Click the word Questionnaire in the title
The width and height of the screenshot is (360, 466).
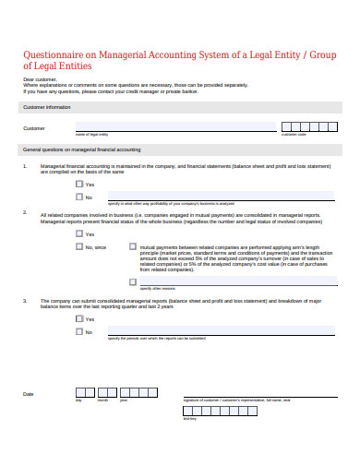(55, 54)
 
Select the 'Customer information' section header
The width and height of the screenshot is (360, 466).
(46, 107)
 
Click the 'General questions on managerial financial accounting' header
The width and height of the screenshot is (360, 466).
(81, 149)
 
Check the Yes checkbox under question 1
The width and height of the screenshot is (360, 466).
(79, 184)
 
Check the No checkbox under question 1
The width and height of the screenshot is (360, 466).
(79, 197)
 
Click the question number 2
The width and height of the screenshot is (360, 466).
(25, 213)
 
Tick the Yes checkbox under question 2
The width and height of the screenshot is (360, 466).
(79, 233)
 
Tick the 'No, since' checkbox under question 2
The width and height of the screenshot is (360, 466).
(79, 246)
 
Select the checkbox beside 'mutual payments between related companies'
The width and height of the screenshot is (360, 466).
(132, 247)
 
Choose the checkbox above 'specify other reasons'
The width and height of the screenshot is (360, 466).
(132, 281)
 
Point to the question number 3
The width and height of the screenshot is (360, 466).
(25, 300)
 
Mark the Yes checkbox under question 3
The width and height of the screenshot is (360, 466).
(79, 319)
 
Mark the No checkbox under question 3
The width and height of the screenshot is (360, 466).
(79, 332)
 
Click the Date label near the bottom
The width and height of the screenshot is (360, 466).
(28, 394)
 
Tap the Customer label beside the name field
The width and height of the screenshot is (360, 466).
(33, 128)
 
